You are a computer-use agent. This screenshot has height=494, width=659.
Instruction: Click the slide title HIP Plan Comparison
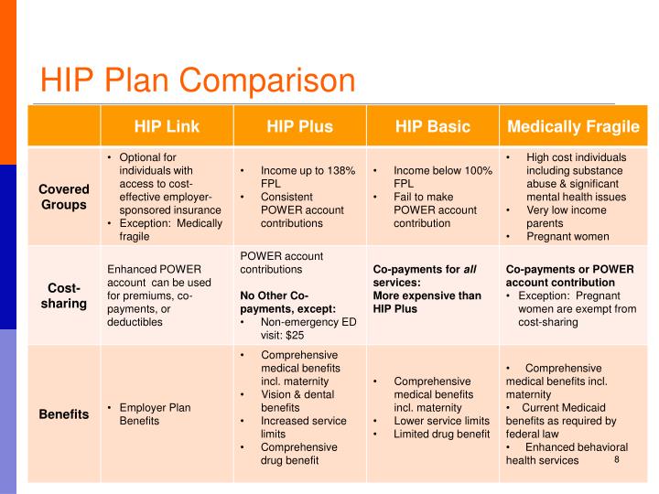197,81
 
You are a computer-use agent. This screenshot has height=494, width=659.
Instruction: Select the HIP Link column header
167,126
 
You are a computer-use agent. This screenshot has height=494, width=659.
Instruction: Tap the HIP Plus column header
299,126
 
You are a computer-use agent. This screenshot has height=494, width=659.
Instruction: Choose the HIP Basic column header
432,126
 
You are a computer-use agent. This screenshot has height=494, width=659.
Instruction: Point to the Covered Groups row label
63,197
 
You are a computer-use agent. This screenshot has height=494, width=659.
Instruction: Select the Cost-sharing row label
63,295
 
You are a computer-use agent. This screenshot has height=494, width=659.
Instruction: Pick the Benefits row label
63,414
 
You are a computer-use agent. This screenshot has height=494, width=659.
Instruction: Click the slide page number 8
617,458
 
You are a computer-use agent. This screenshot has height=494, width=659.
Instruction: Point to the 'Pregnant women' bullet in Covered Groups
567,235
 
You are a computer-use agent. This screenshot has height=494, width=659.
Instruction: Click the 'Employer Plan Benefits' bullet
155,414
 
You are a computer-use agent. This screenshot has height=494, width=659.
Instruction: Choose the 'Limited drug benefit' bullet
441,434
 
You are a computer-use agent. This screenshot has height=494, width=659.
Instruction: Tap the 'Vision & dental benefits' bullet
297,401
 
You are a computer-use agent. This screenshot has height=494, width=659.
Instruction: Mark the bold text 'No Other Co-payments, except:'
286,303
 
